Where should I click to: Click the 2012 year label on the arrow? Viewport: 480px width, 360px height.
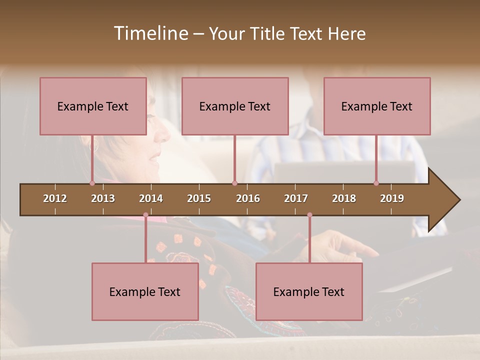pyautogui.click(x=55, y=198)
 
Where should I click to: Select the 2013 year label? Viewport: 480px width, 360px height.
pyautogui.click(x=103, y=198)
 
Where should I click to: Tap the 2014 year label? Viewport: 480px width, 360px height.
pyautogui.click(x=151, y=198)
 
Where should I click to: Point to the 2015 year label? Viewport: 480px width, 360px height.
pyautogui.click(x=199, y=198)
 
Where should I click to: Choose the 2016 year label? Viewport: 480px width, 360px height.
pyautogui.click(x=248, y=198)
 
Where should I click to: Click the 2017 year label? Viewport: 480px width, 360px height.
pyautogui.click(x=296, y=198)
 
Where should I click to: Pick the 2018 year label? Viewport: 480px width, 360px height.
pyautogui.click(x=344, y=198)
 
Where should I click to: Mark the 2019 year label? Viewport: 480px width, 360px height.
pyautogui.click(x=392, y=198)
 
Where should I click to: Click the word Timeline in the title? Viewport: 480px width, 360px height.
pyautogui.click(x=150, y=33)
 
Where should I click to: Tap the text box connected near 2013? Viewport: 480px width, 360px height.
pyautogui.click(x=93, y=106)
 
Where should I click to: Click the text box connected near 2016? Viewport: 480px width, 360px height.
pyautogui.click(x=235, y=106)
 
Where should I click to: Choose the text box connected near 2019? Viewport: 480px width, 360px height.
pyautogui.click(x=377, y=106)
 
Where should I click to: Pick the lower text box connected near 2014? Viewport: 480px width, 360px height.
pyautogui.click(x=145, y=291)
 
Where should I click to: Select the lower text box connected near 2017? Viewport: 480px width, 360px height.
pyautogui.click(x=309, y=291)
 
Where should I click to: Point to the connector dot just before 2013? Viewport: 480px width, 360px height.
pyautogui.click(x=92, y=183)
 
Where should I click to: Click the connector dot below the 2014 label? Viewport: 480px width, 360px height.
pyautogui.click(x=145, y=215)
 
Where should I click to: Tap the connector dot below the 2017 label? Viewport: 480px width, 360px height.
pyautogui.click(x=309, y=215)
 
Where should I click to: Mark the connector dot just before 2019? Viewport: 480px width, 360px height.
pyautogui.click(x=376, y=183)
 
